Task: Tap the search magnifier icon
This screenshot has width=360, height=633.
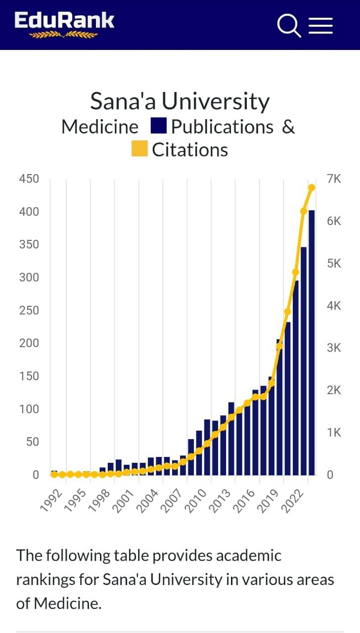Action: pos(289,25)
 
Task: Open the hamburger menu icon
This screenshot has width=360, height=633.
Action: pos(321,25)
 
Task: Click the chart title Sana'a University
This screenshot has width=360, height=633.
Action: pos(180,101)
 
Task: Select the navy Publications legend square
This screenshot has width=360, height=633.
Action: pos(158,126)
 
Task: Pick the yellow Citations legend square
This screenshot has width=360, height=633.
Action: pos(139,149)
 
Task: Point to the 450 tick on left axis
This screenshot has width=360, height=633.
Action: pos(29,179)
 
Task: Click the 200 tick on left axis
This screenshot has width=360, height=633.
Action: pos(29,343)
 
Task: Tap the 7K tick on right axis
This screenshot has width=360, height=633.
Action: pos(334,179)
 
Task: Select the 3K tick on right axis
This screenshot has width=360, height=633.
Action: pos(334,348)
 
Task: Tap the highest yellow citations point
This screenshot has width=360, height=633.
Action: pos(312,187)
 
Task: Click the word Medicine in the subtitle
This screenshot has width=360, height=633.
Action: pos(100,127)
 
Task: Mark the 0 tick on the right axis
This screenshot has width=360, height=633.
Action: pos(330,475)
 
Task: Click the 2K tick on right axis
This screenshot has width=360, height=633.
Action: pos(334,391)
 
